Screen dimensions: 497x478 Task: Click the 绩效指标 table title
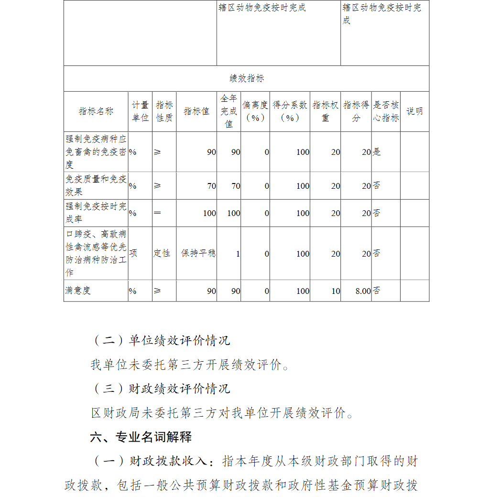[246, 79]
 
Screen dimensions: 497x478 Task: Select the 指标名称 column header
[96, 111]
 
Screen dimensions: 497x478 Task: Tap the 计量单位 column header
[140, 111]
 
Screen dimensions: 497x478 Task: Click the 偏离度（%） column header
[255, 111]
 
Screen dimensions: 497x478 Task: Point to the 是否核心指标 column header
[386, 111]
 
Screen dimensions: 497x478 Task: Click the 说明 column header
[414, 111]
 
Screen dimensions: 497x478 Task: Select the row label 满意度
[78, 291]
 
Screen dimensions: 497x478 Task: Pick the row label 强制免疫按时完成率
[96, 213]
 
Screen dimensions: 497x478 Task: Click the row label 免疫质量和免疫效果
[96, 185]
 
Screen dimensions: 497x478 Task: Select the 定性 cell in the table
[162, 253]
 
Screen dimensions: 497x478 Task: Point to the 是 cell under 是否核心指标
[377, 152]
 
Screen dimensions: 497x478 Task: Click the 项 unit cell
[133, 253]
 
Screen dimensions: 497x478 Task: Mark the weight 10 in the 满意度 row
[336, 291]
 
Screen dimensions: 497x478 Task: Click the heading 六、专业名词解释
[141, 437]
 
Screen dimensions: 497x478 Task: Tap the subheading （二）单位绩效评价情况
[161, 340]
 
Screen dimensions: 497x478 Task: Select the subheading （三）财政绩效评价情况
[161, 389]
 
